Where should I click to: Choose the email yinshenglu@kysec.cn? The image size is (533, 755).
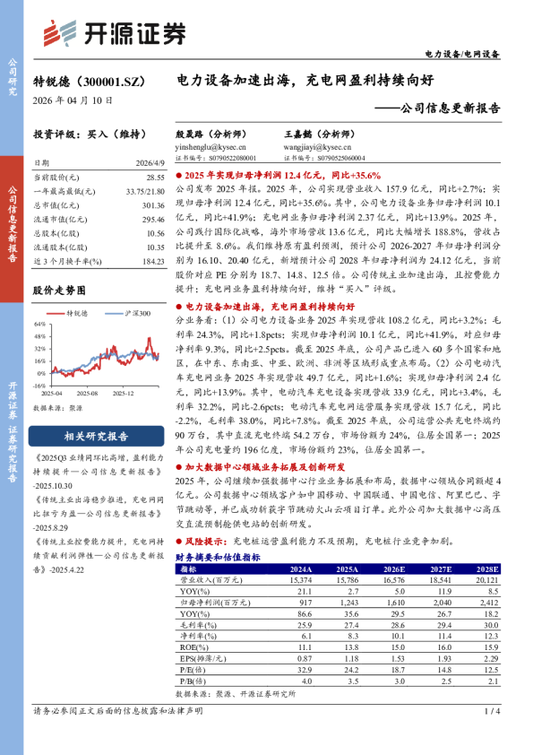(x=206, y=146)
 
